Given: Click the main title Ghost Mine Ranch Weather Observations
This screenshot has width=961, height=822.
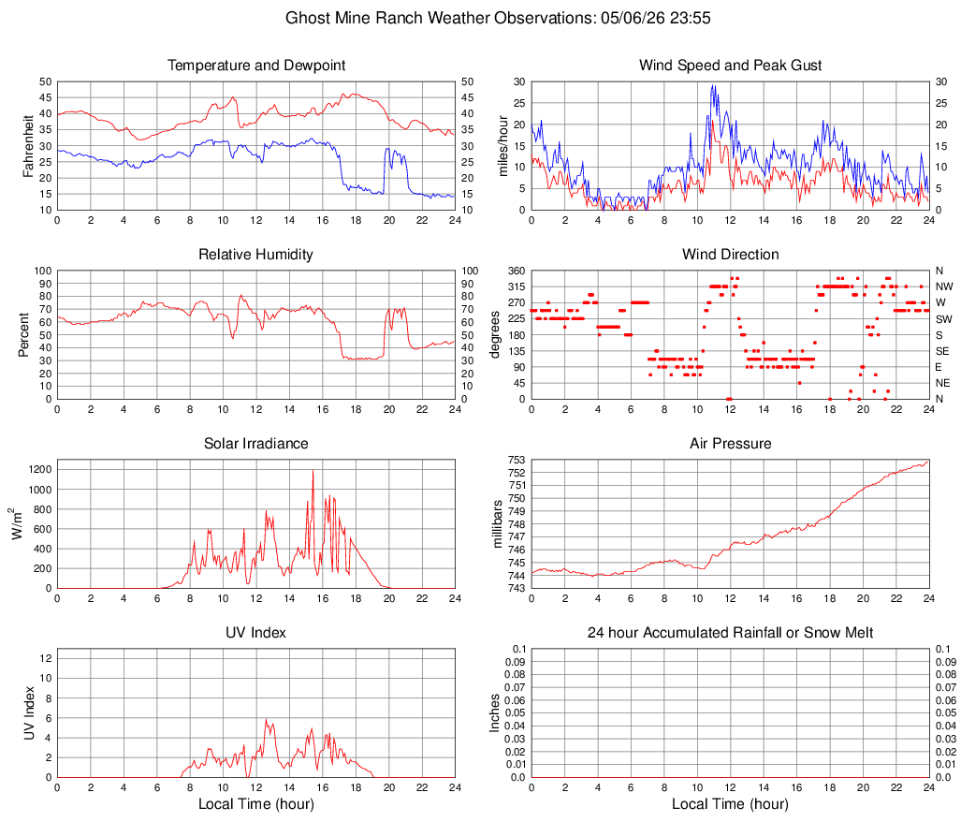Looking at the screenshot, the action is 440,18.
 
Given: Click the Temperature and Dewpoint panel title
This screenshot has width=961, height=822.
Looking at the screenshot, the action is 256,65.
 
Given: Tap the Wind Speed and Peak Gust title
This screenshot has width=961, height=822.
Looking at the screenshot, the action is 730,65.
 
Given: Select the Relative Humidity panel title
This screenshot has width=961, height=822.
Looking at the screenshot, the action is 255,255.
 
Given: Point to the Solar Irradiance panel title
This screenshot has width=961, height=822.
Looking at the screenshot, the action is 255,443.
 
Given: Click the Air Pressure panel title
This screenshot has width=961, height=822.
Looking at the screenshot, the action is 730,443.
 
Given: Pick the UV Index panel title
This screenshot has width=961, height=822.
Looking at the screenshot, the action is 255,633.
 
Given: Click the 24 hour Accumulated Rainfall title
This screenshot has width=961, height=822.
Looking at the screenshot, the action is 730,633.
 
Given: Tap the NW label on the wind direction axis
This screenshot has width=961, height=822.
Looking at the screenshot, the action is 944,286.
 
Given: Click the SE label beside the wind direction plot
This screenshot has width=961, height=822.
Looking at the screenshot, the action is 942,351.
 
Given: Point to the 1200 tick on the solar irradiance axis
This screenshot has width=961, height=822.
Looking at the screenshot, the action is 40,470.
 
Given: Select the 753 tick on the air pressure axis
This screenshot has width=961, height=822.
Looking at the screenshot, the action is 517,460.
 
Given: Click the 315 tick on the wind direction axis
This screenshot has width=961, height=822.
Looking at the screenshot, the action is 517,286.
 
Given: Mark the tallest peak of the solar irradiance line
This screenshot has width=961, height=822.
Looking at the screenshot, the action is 313,470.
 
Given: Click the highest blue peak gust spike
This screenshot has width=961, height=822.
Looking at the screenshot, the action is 713,85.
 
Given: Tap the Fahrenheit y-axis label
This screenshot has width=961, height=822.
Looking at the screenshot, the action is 28,146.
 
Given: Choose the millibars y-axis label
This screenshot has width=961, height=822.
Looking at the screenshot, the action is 497,523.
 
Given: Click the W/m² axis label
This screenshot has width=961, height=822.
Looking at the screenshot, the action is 16,523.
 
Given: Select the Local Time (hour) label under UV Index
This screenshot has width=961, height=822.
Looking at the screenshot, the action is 256,803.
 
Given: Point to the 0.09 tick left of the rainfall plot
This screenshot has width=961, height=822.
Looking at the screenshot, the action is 516,662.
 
